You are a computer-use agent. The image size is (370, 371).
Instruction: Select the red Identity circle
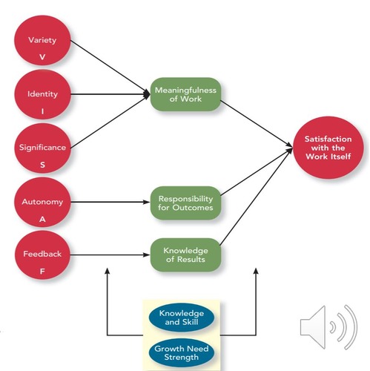(42, 99)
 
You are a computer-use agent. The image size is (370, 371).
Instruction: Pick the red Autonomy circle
(42, 206)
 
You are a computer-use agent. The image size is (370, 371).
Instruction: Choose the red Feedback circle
(42, 260)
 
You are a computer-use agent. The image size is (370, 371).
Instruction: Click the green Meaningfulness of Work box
(185, 94)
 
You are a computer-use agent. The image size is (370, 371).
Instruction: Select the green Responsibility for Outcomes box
(185, 203)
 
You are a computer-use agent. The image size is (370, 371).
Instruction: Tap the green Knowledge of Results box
(185, 255)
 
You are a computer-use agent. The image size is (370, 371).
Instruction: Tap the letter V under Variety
(42, 56)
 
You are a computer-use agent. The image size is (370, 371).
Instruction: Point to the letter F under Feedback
(42, 273)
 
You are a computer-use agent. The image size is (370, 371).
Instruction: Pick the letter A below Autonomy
(42, 220)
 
